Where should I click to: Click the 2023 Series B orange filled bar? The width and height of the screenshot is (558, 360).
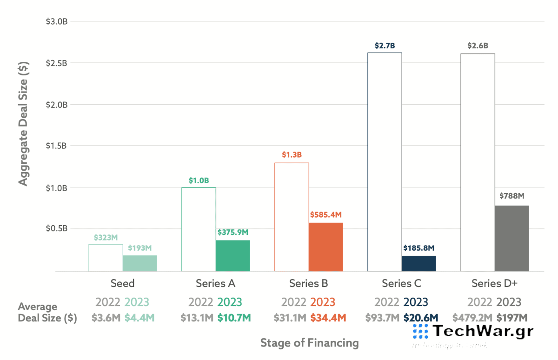(325, 247)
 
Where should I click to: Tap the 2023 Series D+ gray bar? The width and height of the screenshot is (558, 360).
(511, 238)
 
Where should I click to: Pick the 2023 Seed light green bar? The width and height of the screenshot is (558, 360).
(139, 263)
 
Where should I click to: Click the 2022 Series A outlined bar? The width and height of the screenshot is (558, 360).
(199, 229)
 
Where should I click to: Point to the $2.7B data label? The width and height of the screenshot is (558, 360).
(385, 46)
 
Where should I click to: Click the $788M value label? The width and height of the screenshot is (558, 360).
(511, 196)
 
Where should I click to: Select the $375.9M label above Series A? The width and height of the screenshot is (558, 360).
(232, 232)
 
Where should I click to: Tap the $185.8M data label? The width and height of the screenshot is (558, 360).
(418, 247)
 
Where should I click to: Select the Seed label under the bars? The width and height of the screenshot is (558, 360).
(122, 283)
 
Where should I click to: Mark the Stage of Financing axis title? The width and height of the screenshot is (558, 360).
(309, 343)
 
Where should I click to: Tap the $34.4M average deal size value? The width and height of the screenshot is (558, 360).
(328, 318)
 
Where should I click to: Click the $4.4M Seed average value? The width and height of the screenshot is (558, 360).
(139, 318)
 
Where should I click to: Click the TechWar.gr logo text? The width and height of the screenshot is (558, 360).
(483, 331)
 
